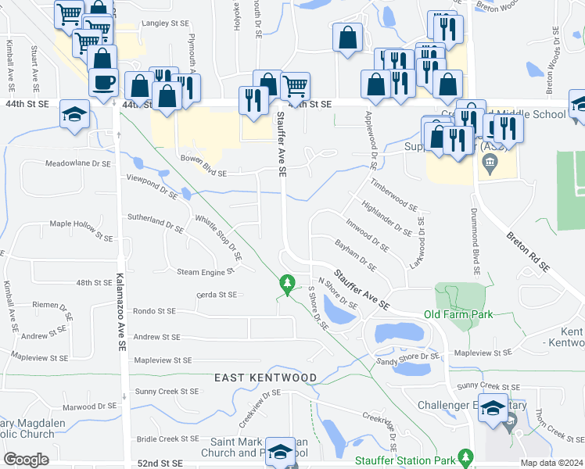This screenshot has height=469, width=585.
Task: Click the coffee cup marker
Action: tap(103, 81)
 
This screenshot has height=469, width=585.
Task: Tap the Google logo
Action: tap(27, 460)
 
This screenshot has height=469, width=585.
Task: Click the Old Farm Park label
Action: tap(458, 314)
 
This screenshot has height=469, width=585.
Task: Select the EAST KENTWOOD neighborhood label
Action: tap(266, 378)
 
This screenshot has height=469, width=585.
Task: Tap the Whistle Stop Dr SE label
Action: tap(218, 237)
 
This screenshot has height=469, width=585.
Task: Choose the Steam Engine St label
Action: tap(206, 271)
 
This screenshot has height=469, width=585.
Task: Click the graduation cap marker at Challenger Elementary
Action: tap(493, 408)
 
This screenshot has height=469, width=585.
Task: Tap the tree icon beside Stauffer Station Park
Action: tap(466, 455)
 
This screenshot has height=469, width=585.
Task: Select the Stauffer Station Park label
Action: tap(405, 460)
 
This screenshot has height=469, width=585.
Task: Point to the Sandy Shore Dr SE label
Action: tap(408, 358)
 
